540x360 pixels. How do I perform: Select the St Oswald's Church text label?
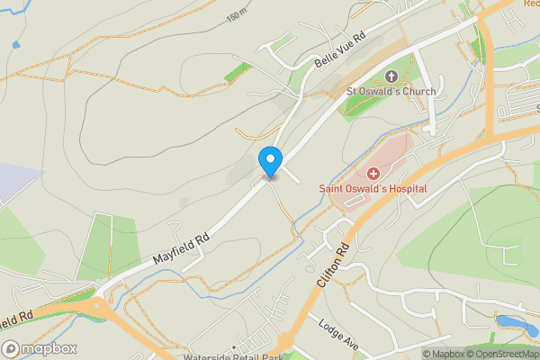[391, 91]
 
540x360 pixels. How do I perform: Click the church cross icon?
[391, 76]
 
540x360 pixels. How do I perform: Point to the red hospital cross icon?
[373, 172]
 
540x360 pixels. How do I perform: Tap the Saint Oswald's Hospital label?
[373, 188]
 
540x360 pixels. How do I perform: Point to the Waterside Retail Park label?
[232, 356]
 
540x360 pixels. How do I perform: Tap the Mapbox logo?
[40, 348]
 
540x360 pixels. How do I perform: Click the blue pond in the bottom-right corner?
[509, 323]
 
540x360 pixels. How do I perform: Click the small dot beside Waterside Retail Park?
[233, 346]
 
